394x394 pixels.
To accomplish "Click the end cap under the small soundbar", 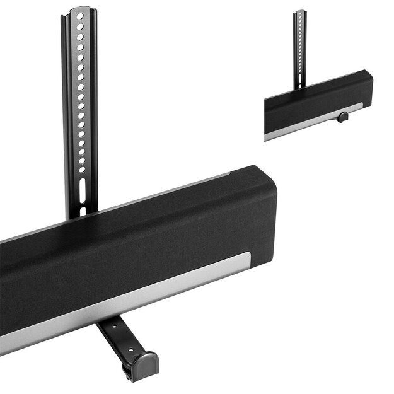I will point(341,117).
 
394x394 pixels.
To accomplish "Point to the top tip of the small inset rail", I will point(301,11).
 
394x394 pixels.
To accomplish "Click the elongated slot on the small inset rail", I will point(301,81).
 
